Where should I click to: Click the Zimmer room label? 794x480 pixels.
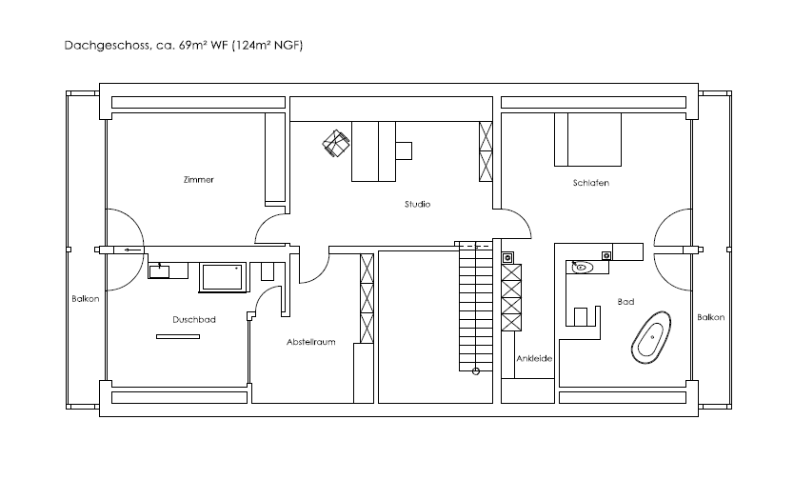click(x=198, y=180)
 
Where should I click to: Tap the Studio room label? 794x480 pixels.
click(x=417, y=204)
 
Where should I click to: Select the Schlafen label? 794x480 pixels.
click(x=591, y=183)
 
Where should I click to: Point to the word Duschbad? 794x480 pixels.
click(x=194, y=319)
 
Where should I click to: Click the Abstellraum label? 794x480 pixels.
click(x=311, y=342)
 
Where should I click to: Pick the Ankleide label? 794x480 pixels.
click(x=534, y=358)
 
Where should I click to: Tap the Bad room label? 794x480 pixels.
click(x=625, y=302)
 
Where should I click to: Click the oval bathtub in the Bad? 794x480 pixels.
click(x=651, y=337)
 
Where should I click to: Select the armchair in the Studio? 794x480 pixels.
click(x=336, y=143)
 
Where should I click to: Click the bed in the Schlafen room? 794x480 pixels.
click(x=588, y=140)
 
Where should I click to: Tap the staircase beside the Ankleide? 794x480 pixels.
click(x=475, y=307)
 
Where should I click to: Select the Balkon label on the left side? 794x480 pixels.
click(x=85, y=299)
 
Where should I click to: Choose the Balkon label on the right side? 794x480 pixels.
click(x=710, y=317)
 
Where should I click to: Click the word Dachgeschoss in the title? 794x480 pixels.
click(x=107, y=46)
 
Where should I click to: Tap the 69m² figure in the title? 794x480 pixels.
click(x=192, y=45)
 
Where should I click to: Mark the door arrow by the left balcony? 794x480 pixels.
click(x=132, y=250)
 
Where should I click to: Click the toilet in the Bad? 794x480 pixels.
click(x=581, y=316)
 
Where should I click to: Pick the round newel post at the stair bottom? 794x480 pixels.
click(x=475, y=371)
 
